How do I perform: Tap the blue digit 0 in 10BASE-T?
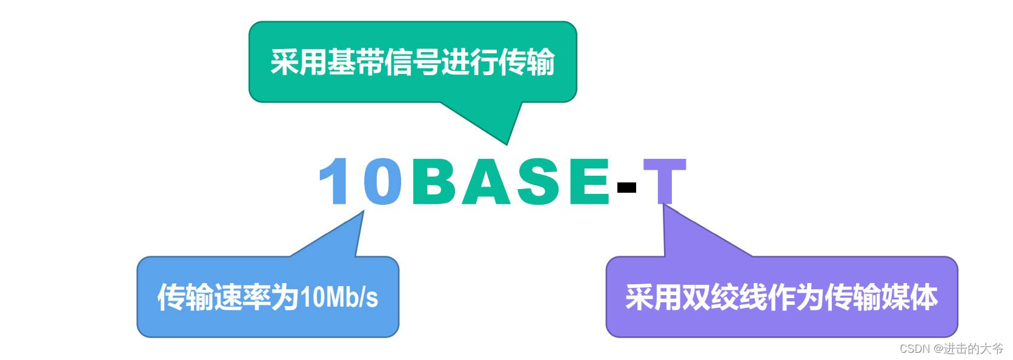[x=382, y=181]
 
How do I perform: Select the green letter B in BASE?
[x=434, y=181]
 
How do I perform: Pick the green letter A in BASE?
[x=485, y=181]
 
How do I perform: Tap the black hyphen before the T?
[x=626, y=187]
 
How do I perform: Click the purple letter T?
[x=664, y=181]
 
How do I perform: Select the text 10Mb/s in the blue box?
[x=339, y=297]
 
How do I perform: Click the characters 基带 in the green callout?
[x=356, y=62]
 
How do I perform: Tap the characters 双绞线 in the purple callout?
[x=725, y=297]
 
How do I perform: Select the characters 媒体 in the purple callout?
[x=910, y=297]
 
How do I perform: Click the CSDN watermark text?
[x=951, y=348]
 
